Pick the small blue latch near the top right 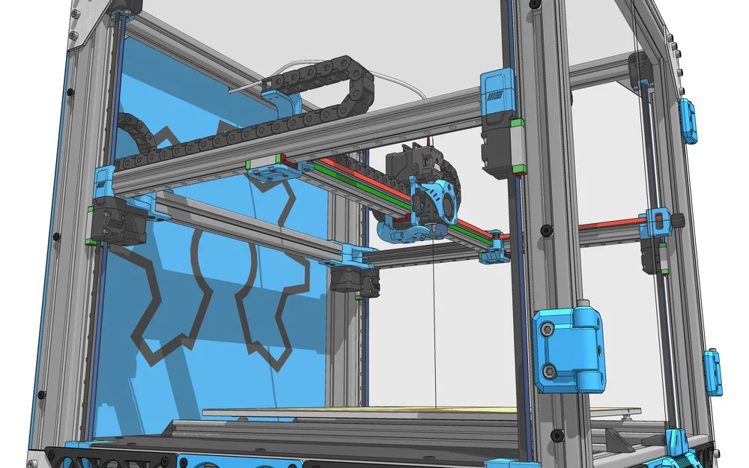click(688, 120)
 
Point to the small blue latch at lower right click(712, 371)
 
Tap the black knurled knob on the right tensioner click(678, 220)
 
